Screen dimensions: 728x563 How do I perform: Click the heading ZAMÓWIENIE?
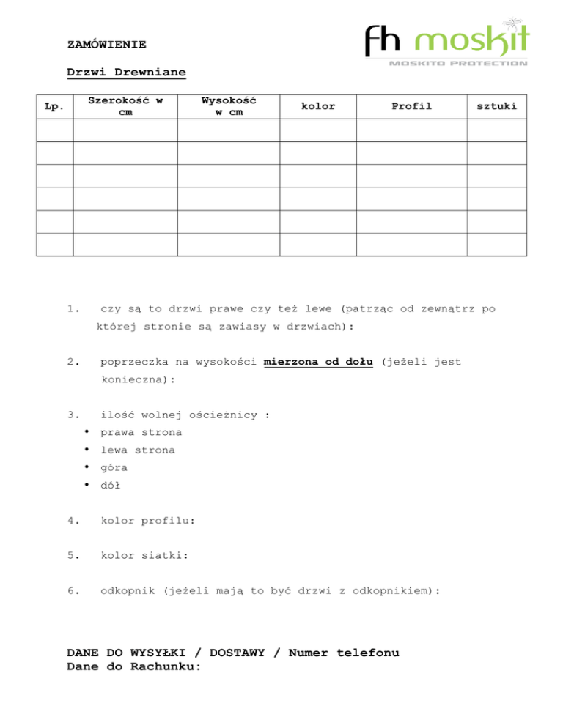pos(106,45)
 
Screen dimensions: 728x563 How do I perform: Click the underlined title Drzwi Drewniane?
pos(126,73)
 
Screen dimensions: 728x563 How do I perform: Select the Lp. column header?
pos(54,106)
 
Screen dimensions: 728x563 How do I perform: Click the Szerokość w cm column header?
pos(125,106)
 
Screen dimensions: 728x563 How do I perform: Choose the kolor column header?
pos(318,106)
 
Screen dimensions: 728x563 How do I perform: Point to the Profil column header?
pos(411,106)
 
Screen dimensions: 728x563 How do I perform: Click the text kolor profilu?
pos(147,521)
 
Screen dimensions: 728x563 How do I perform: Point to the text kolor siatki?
pos(144,555)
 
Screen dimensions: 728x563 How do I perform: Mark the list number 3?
pos(70,415)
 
